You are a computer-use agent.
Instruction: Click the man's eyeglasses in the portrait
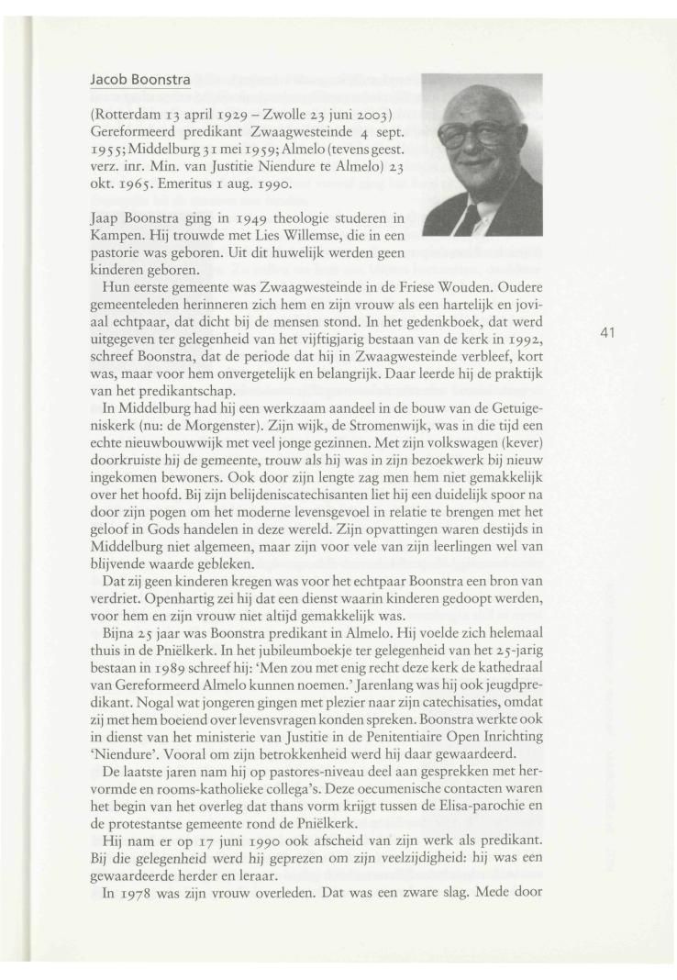pos(480,138)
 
